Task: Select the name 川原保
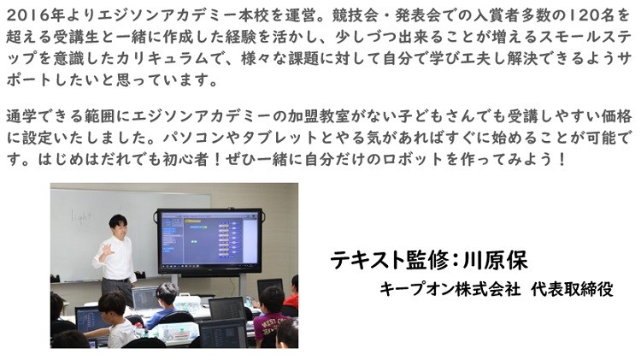tap(495, 259)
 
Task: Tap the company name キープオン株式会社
tap(450, 289)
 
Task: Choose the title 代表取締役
tap(573, 289)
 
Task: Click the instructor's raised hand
tap(106, 251)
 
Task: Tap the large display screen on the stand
tap(209, 241)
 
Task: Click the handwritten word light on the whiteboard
tap(80, 216)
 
